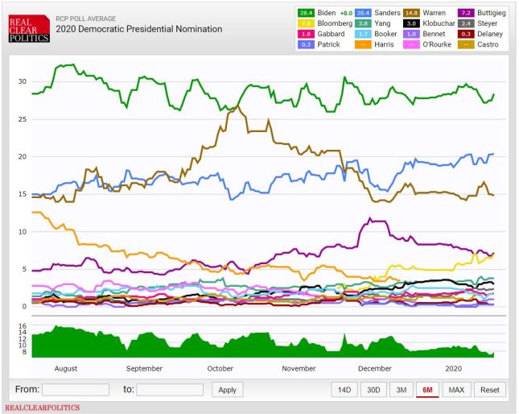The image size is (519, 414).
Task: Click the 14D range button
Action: coord(344,390)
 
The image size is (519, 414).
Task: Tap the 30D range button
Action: coord(373,390)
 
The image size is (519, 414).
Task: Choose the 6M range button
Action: coord(426,390)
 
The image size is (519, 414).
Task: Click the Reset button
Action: coord(489,390)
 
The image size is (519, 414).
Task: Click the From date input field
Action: coord(76,390)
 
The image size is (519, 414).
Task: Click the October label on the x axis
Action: coord(220,368)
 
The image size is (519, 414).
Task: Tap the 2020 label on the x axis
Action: coord(455,368)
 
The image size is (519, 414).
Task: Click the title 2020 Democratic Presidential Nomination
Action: coord(138,29)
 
